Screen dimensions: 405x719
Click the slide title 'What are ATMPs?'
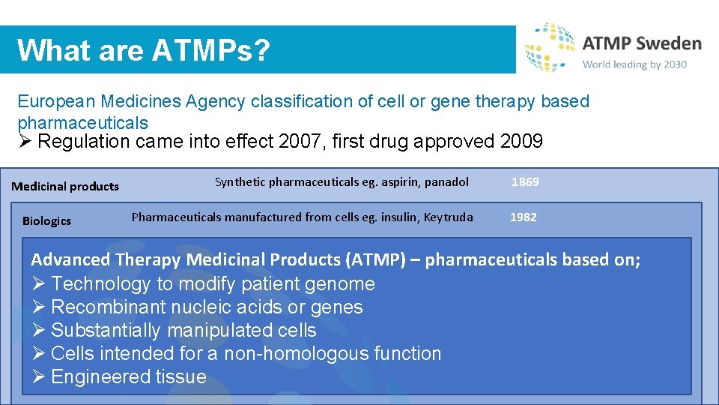143,50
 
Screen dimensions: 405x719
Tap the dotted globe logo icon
549,46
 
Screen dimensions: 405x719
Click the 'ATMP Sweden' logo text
642,43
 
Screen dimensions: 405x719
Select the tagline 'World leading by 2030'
634,64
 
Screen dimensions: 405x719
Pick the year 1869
525,182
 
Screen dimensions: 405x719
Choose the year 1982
524,217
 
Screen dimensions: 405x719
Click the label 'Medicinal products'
65,186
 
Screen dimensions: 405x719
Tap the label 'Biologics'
46,220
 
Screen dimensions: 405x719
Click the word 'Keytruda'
448,217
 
